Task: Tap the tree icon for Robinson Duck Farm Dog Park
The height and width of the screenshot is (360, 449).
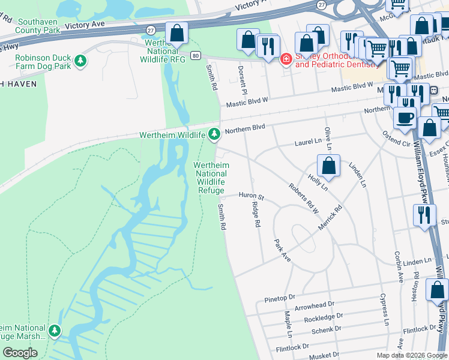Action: [80, 61]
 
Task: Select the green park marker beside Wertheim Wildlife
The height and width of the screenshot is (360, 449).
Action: [213, 134]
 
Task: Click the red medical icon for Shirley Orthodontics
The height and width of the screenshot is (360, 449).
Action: [286, 59]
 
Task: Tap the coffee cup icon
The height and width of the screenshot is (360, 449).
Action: [405, 118]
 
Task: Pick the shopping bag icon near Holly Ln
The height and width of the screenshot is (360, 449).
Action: [328, 166]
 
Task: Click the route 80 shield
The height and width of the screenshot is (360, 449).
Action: [196, 56]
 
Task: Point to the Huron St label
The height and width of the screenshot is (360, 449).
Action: [252, 196]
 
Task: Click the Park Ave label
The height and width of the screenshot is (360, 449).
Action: [282, 250]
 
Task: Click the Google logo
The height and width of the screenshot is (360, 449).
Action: [20, 352]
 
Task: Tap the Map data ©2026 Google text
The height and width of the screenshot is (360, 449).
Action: [411, 355]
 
